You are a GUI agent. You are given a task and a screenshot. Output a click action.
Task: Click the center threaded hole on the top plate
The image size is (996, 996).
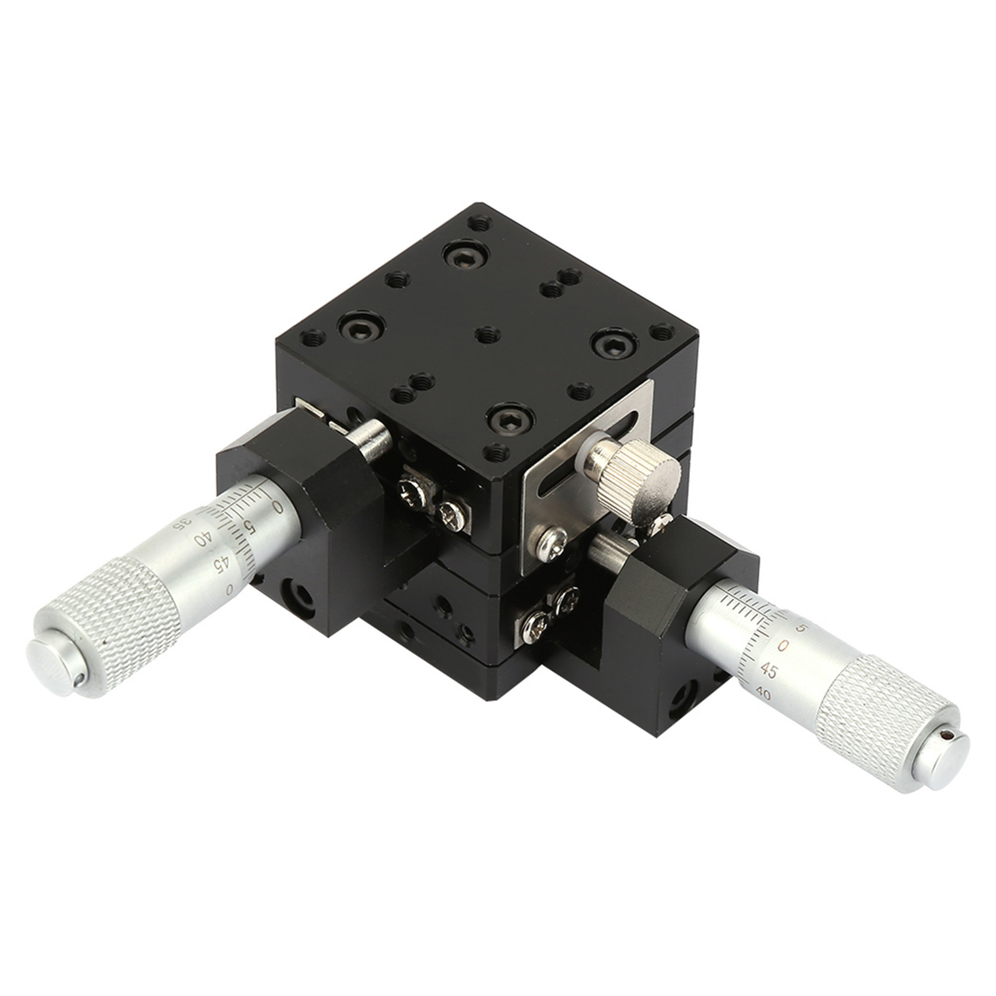click(x=487, y=335)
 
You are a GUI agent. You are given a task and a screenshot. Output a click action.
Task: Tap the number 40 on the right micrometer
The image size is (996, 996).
click(x=763, y=694)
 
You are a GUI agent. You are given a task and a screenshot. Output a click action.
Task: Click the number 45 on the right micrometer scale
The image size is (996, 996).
click(x=769, y=671)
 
